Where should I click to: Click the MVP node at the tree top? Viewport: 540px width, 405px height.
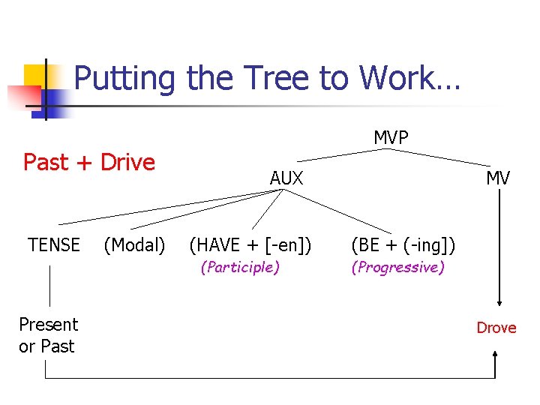click(391, 138)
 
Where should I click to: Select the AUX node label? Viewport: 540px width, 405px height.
click(286, 178)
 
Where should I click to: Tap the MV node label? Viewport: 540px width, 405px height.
click(497, 178)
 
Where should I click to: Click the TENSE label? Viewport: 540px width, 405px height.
click(54, 245)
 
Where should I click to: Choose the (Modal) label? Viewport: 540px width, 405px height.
click(135, 245)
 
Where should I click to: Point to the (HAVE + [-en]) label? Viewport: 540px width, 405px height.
click(250, 245)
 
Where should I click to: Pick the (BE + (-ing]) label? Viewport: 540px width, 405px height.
click(403, 245)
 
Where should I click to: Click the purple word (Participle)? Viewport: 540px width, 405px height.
click(240, 268)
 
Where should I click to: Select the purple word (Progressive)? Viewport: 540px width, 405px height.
click(397, 268)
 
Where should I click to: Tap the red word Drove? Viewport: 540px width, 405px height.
click(496, 328)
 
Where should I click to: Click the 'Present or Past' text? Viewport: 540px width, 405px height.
click(48, 335)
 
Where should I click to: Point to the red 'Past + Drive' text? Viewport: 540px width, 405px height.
click(89, 162)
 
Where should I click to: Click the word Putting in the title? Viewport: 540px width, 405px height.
click(124, 78)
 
